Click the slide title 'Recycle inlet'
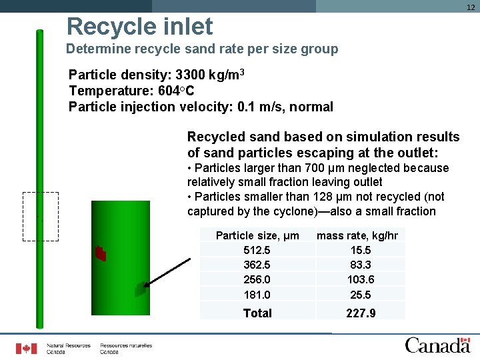(139, 27)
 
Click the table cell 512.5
(257, 250)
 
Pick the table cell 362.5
(257, 265)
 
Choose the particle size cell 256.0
(257, 279)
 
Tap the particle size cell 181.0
(257, 294)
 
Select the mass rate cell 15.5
(360, 250)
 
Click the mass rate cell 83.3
(360, 265)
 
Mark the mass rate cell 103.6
(360, 279)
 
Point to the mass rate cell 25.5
(360, 294)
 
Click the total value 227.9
(360, 313)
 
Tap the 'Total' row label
(257, 313)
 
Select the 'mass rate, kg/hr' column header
(357, 235)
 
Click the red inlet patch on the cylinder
(101, 253)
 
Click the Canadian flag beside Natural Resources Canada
(27, 348)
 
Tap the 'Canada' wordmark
(437, 345)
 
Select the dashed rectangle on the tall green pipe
(41, 216)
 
